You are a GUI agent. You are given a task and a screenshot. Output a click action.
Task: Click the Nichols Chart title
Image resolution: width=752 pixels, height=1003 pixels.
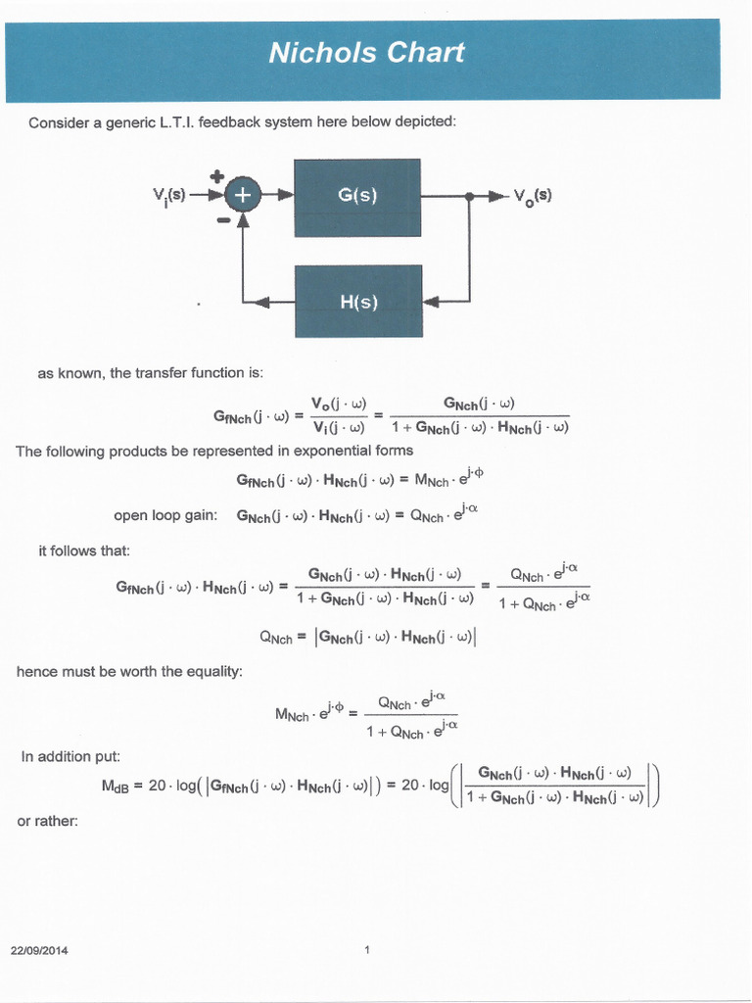tap(366, 53)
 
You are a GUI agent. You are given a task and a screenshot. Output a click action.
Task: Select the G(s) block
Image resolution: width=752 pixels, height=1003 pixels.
tap(357, 196)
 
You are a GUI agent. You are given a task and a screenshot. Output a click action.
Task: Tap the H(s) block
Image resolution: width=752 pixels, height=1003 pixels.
tap(357, 302)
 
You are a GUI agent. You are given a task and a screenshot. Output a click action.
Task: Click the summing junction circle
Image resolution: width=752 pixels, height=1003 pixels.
tap(242, 196)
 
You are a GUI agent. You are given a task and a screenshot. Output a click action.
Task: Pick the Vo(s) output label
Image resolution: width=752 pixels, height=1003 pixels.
tap(533, 195)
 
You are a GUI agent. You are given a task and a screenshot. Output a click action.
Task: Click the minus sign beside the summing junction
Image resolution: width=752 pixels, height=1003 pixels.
tap(223, 220)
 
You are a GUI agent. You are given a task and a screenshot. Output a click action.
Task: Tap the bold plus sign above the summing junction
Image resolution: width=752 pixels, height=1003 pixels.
tap(217, 176)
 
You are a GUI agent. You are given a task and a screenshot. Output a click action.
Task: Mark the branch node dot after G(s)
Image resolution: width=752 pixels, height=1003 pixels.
tap(470, 196)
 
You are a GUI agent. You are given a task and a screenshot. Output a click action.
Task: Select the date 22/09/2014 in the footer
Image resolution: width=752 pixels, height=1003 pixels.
tap(39, 950)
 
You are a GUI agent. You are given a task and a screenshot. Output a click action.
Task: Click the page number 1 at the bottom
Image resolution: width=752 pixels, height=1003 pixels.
tap(366, 949)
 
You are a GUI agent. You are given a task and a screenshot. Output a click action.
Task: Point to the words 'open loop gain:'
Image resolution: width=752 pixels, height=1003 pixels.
tap(165, 515)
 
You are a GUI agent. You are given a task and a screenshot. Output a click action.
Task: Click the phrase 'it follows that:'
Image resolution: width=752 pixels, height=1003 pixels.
tap(83, 550)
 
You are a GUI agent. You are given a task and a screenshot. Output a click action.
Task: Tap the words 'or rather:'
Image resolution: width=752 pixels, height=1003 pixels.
tap(47, 821)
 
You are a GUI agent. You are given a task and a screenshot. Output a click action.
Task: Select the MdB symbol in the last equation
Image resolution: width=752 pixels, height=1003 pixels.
tap(116, 787)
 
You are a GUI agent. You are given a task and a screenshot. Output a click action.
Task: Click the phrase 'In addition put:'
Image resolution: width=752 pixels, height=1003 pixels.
tap(70, 756)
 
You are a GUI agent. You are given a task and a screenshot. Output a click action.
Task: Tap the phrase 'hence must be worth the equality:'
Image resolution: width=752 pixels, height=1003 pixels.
tap(129, 671)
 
